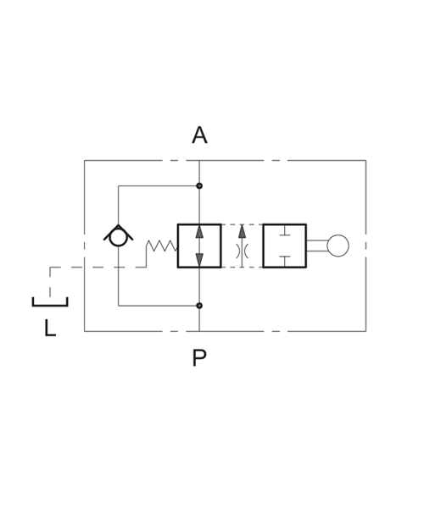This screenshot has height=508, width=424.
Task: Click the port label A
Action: pos(199,135)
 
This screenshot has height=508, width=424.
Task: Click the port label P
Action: pos(199,357)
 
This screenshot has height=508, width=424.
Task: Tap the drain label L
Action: pos(50,328)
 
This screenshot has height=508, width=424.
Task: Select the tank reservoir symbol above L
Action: pos(50,305)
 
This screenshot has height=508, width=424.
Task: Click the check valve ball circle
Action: pos(119,238)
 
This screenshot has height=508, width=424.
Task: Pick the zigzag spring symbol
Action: pos(161,246)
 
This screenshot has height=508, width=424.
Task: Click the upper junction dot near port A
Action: pos(199,186)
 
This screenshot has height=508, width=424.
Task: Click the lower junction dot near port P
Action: pos(199,306)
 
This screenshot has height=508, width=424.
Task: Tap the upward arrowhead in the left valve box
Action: pos(199,232)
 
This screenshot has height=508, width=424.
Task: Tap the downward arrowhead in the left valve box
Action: pos(199,260)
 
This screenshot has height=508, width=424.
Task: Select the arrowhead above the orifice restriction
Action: pos(242,231)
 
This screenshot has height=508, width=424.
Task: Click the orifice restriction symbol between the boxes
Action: pos(242,251)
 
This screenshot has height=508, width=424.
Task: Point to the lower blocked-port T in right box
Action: pos(285,261)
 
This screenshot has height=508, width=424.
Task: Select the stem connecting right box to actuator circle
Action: pos(316,246)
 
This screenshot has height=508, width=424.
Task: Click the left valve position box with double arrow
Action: pos(178,246)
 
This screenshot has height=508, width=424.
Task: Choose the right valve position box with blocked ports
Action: pos(264,246)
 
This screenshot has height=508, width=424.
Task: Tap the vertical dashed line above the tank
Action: pos(50,282)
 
